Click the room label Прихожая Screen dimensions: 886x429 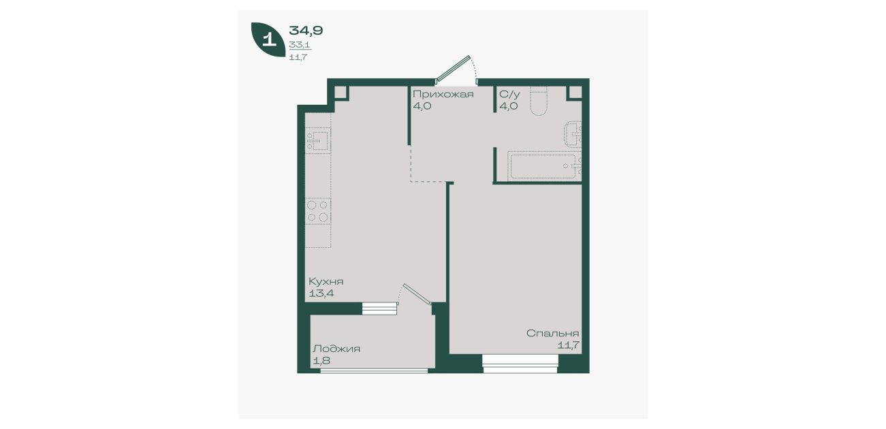(443, 94)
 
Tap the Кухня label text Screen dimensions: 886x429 (326, 281)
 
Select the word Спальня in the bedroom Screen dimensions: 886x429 (552, 333)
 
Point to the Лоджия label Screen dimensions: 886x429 (336, 349)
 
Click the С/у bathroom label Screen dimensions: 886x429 (509, 94)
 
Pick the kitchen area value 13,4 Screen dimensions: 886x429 (321, 293)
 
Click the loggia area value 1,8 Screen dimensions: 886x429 (321, 361)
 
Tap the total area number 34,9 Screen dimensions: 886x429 (306, 31)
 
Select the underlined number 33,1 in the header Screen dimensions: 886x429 (300, 45)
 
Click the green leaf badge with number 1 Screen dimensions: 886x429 (268, 39)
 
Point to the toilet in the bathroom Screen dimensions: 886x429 (538, 101)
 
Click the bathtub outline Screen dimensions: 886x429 (544, 165)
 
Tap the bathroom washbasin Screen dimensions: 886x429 (573, 134)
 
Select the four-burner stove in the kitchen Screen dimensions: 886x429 (317, 211)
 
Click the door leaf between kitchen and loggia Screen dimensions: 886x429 (417, 294)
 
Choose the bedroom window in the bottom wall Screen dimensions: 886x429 (520, 364)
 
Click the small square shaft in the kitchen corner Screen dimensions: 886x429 (341, 93)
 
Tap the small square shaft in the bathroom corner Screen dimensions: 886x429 (575, 93)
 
